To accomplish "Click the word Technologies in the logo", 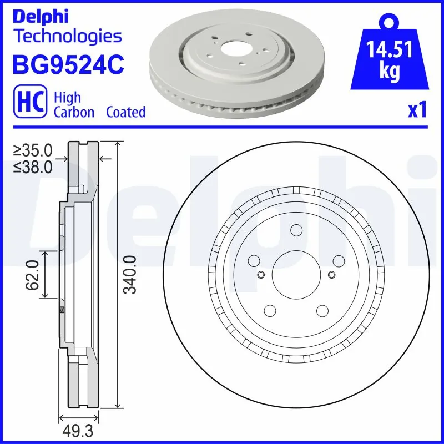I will click(67, 37).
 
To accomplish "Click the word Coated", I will click(125, 112).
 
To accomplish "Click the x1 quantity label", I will click(417, 110).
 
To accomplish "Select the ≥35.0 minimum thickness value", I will click(33, 150).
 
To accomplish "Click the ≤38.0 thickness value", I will click(33, 166).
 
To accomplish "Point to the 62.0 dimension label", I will click(32, 275).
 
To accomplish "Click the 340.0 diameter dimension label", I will click(129, 275).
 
